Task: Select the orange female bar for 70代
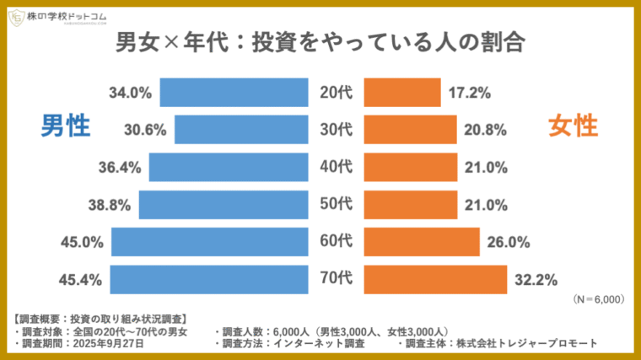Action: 435,279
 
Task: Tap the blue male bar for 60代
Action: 209,242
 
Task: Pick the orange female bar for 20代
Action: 401,93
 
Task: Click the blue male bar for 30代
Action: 240,130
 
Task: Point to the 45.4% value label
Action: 82,279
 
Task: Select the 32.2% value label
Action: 537,279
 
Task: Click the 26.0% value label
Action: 509,242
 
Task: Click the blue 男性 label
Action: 66,126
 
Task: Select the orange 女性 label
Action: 574,126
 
